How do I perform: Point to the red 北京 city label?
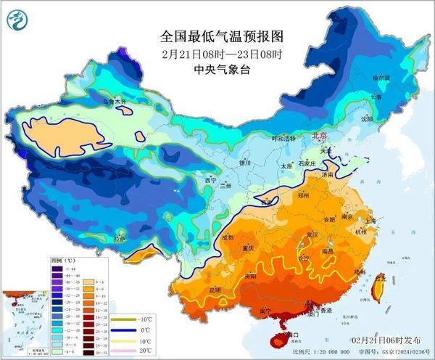click(x=320, y=136)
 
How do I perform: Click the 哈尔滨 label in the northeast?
click(x=381, y=76)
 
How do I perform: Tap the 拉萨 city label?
click(x=120, y=239)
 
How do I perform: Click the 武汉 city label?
click(x=312, y=234)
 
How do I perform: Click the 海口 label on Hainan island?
click(x=292, y=335)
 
